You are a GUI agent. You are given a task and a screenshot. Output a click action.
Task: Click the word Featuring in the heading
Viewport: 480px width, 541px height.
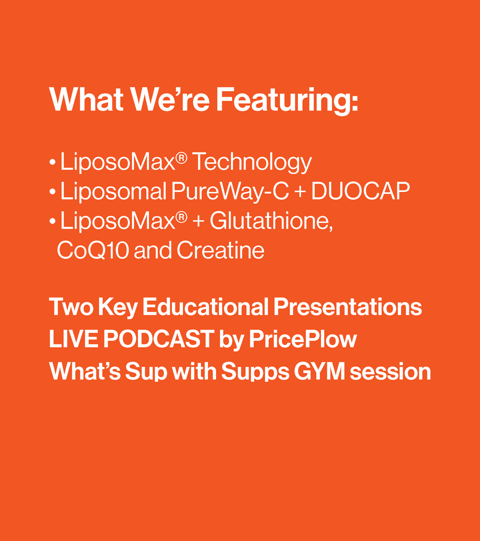(287, 101)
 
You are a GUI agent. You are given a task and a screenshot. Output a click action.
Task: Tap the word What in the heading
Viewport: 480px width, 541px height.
(86, 99)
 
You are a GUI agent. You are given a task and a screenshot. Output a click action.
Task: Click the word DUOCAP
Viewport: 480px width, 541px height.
(360, 191)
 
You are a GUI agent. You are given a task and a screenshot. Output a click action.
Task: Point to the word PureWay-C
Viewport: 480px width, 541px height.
(230, 191)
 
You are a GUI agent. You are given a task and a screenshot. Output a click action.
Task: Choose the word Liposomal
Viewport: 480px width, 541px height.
(113, 191)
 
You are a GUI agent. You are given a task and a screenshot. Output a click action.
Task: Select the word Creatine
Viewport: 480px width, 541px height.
(220, 250)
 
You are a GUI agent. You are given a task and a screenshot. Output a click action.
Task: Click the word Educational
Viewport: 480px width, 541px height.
(205, 307)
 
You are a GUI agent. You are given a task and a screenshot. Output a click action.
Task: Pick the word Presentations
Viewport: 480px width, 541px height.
(348, 307)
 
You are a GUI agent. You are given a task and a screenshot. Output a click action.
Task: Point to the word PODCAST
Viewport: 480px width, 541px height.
(158, 339)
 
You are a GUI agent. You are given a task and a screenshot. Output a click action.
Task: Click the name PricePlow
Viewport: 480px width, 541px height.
(303, 339)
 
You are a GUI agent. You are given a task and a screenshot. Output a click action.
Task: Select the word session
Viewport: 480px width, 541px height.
(390, 372)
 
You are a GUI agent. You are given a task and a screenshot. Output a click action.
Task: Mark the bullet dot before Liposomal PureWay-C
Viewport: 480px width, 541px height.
(52, 192)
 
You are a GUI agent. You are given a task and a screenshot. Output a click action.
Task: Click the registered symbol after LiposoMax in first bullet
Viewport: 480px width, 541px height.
(181, 158)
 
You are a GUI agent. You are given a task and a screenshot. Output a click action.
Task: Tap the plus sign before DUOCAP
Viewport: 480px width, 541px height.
(300, 192)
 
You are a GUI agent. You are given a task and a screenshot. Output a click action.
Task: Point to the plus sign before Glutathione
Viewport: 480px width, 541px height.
(198, 221)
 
